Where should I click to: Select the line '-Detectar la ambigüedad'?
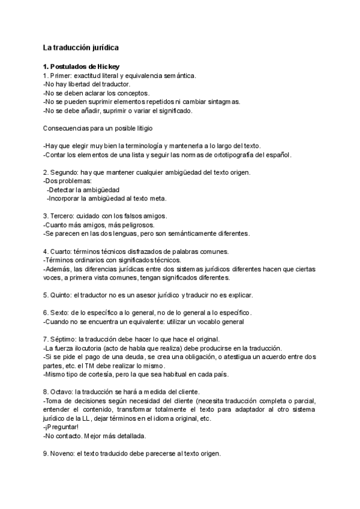coord(83,190)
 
